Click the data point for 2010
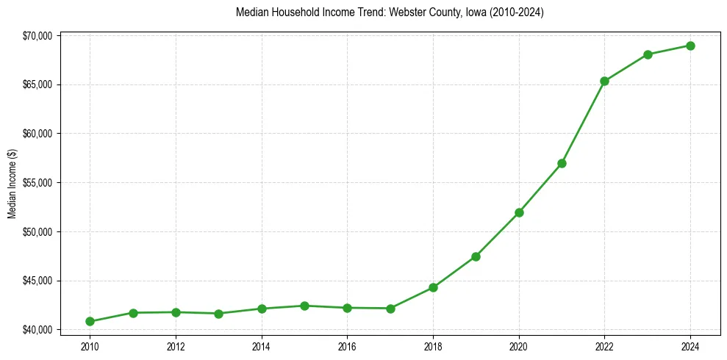90,321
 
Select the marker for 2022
604,81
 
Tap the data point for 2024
690,46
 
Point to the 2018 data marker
433,287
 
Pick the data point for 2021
562,163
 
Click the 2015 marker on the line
304,306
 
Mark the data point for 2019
476,256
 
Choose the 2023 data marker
648,54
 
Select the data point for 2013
218,314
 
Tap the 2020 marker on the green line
519,212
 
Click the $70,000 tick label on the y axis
37,36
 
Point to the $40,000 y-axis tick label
37,330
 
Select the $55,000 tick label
37,183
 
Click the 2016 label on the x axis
347,346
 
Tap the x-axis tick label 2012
176,346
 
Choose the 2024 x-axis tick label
690,346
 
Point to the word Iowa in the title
476,12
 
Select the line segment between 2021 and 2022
583,122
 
